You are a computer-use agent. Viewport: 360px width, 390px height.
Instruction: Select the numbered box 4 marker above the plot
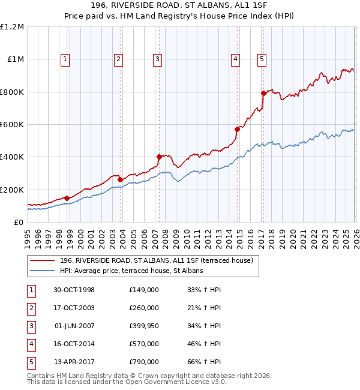coord(236,59)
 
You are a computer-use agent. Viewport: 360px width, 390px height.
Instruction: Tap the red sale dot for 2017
coord(263,93)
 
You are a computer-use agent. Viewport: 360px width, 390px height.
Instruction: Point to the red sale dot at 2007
coord(159,157)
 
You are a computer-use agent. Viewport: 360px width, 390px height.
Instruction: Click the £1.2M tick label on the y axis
coord(12,27)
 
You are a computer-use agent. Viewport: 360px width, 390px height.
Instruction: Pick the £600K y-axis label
coord(12,125)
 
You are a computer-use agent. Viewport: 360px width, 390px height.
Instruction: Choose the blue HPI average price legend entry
coord(131,271)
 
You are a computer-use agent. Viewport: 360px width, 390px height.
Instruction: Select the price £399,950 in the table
coord(144,326)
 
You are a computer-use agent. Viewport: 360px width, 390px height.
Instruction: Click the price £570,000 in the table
coord(144,344)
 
